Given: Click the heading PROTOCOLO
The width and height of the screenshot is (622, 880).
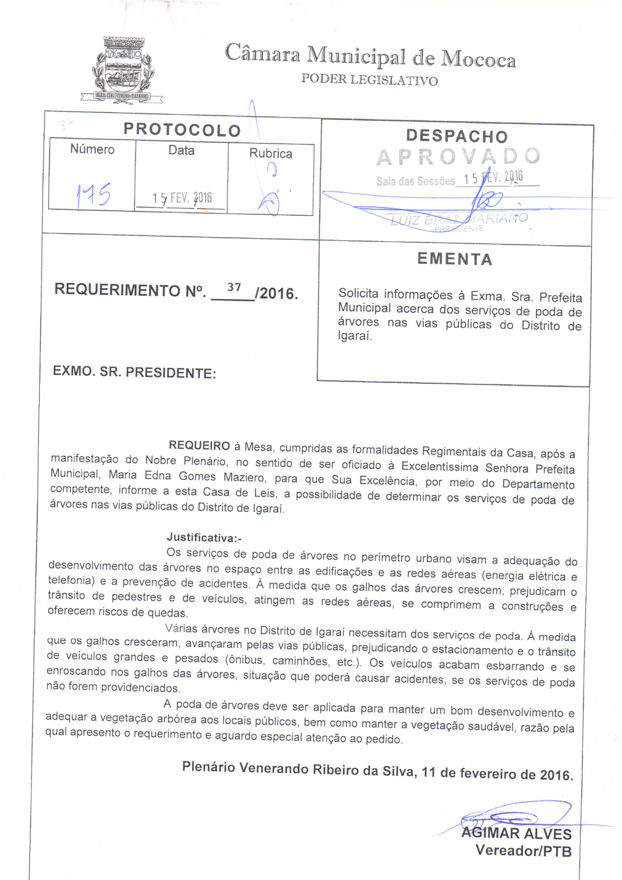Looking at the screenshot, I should point(182,130).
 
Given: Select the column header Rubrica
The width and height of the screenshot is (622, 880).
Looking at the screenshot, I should point(271,153).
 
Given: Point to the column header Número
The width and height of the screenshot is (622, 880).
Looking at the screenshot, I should point(92,149).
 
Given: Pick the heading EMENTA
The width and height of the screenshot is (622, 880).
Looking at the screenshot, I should point(455,259).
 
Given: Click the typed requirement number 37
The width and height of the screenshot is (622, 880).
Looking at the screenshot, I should point(234,287).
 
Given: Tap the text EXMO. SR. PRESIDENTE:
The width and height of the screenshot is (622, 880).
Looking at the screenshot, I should point(134,372).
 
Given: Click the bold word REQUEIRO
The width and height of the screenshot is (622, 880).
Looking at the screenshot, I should point(199,445).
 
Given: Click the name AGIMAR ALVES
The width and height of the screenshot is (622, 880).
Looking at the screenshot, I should point(516,833).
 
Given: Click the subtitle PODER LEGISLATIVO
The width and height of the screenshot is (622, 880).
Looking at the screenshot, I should point(369,79).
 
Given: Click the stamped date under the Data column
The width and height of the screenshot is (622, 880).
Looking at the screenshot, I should point(182,198).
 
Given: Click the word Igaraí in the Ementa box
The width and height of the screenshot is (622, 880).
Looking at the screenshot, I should point(354,336).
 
